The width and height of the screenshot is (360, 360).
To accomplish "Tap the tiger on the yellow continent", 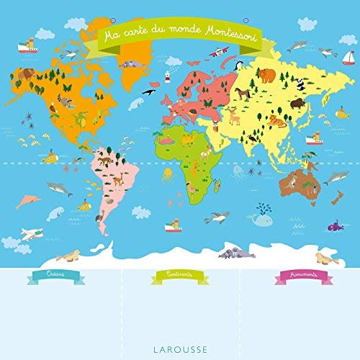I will coord(278,120).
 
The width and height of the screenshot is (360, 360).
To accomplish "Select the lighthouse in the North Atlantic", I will coord(167,77).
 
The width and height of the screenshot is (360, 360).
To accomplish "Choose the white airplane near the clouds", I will coord(29,233).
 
